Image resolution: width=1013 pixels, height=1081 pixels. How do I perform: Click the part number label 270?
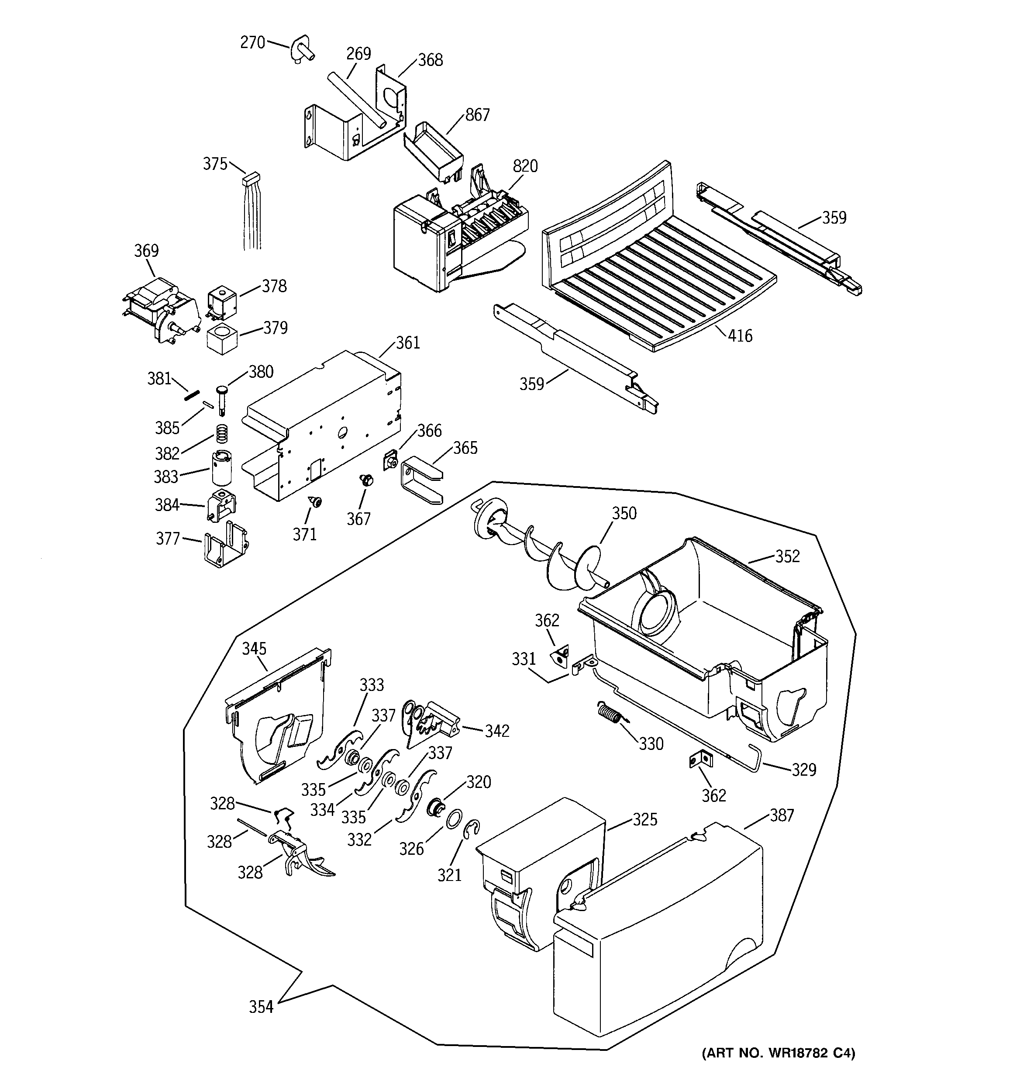(x=252, y=42)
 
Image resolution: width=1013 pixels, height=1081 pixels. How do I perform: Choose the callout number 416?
(x=740, y=335)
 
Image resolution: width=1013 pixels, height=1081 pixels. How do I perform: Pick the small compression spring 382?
(x=222, y=433)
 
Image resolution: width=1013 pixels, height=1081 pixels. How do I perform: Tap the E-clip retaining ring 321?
(x=472, y=832)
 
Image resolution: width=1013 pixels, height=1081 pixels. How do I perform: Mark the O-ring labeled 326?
(x=455, y=819)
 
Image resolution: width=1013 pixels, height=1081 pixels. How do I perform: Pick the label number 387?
(x=782, y=815)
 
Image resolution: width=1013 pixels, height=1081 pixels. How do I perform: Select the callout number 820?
(x=525, y=166)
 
